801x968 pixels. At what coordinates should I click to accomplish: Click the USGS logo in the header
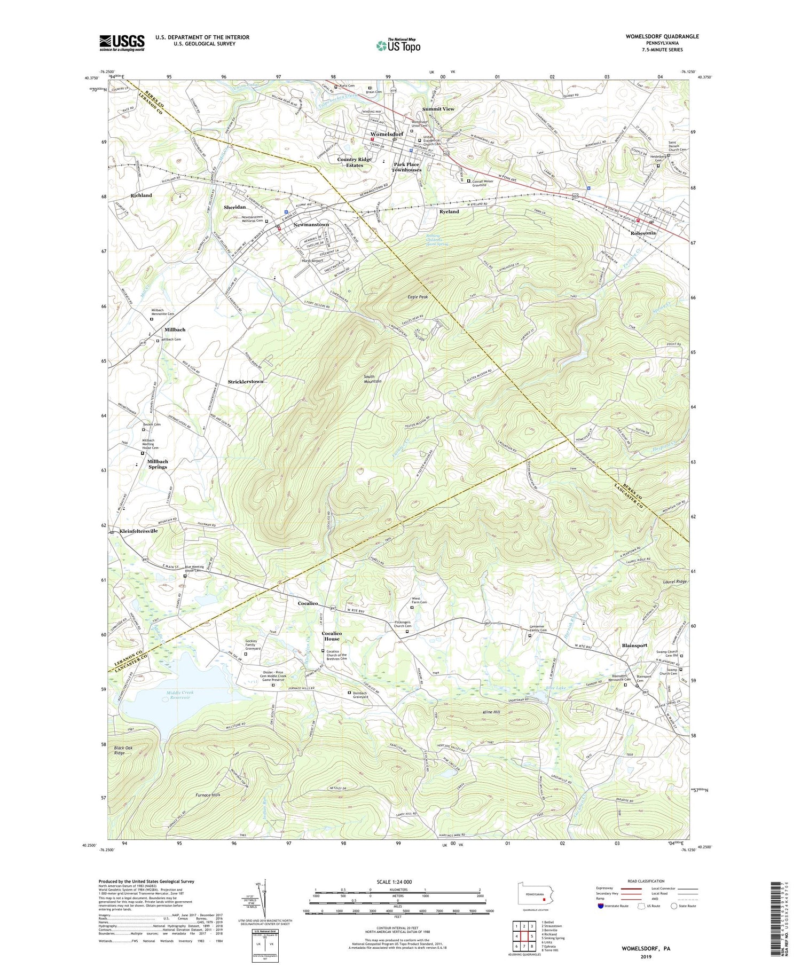122,43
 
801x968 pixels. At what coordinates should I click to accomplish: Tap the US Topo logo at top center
398,46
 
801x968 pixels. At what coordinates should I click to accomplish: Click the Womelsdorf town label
387,134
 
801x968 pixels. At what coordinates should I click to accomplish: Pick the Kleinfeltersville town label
139,531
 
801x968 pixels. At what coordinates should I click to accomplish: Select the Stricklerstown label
246,382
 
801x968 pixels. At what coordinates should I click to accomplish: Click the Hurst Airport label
313,261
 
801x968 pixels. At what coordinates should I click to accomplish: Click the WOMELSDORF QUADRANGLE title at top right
662,36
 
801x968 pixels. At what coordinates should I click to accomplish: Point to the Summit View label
438,109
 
